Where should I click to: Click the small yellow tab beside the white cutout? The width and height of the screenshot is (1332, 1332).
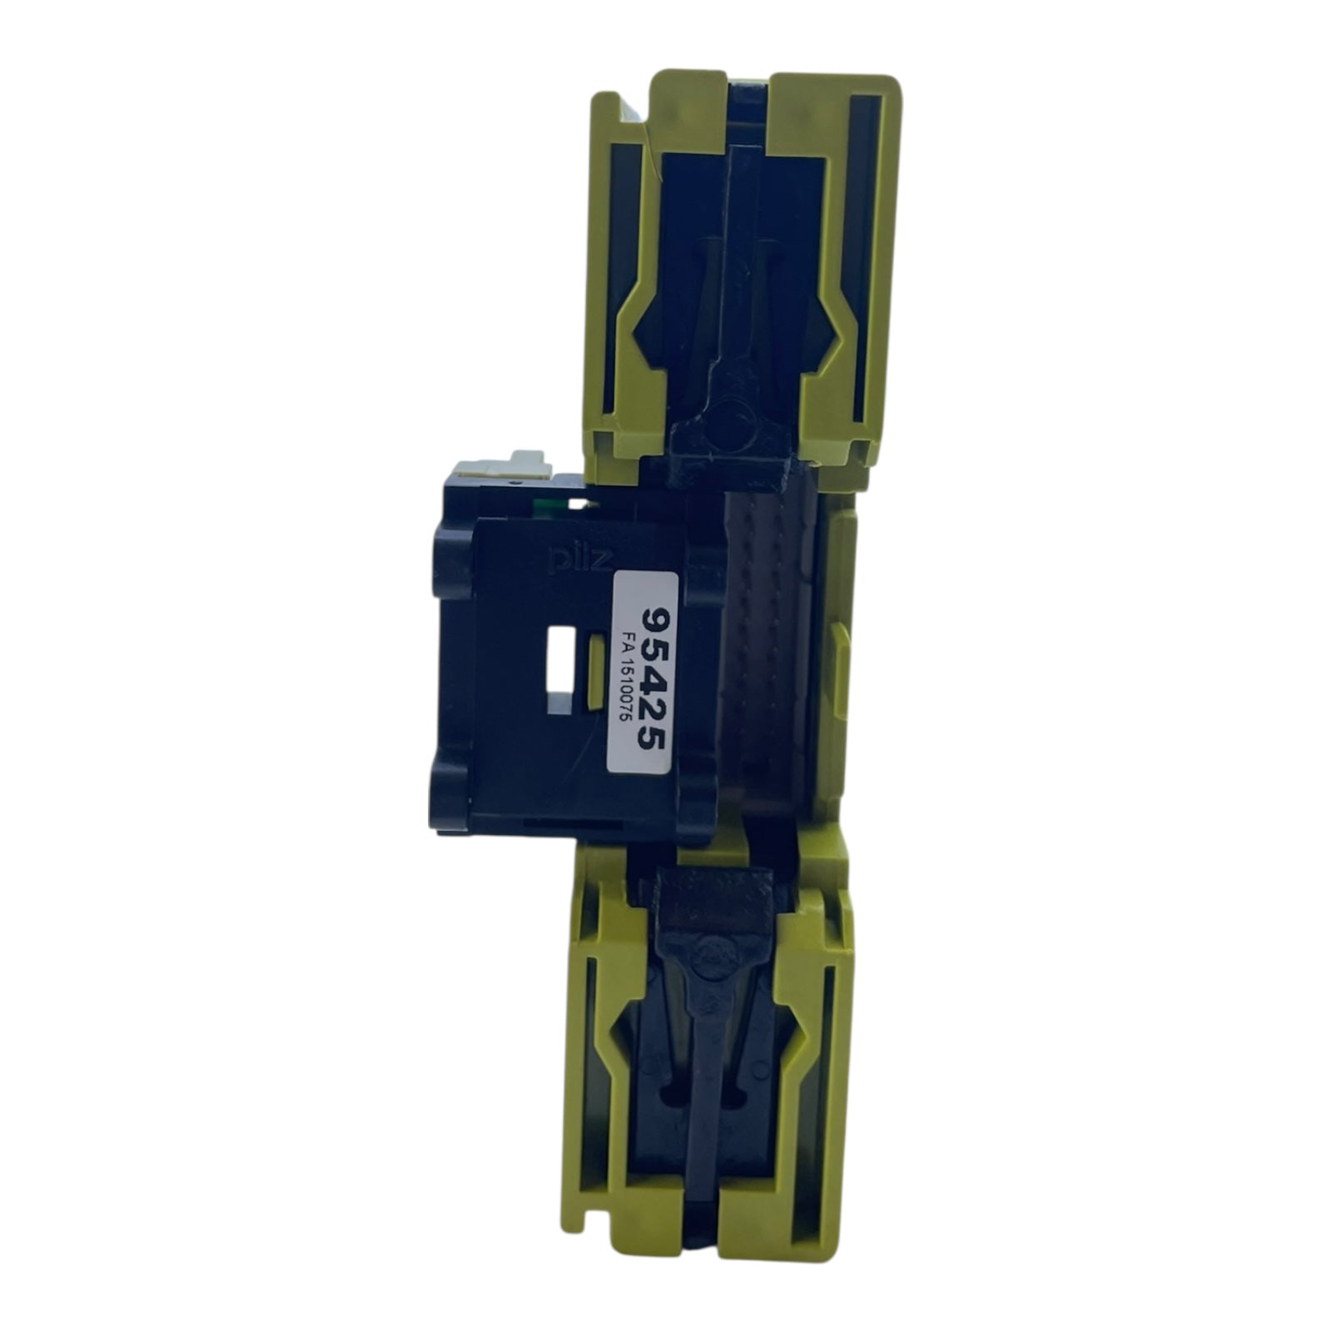[x=596, y=673]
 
